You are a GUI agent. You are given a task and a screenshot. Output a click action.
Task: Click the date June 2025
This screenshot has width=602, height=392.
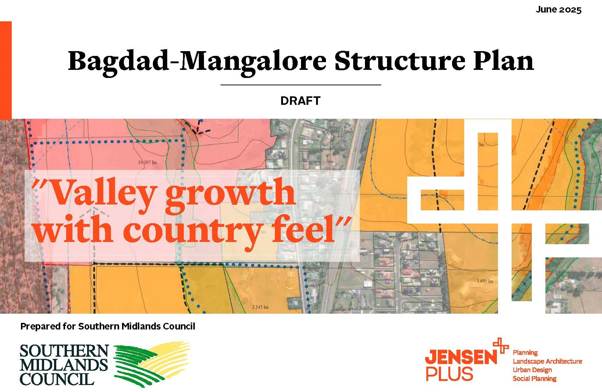coord(558,10)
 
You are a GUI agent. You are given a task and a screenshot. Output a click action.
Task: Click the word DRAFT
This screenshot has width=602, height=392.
coord(300,101)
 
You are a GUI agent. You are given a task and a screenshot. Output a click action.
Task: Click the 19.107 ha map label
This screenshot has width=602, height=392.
coord(147,162)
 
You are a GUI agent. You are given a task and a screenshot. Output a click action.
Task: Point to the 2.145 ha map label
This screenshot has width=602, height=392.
coord(260,307)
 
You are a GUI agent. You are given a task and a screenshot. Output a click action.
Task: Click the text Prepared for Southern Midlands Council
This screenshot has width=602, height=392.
coord(108,326)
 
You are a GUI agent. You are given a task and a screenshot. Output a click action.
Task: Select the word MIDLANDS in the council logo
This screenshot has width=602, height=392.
coord(64,365)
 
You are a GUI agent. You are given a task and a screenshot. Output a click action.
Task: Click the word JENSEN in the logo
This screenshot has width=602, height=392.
coord(461,357)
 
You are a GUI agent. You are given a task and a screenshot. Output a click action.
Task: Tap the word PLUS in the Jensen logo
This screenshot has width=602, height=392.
coord(449,374)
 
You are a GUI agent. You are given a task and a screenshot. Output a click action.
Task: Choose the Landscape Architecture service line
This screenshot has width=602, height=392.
coord(547,361)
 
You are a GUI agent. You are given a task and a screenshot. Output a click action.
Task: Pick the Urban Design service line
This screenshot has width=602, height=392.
coord(532,370)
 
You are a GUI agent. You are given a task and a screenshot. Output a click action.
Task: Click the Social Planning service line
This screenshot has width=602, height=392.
coord(534,378)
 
